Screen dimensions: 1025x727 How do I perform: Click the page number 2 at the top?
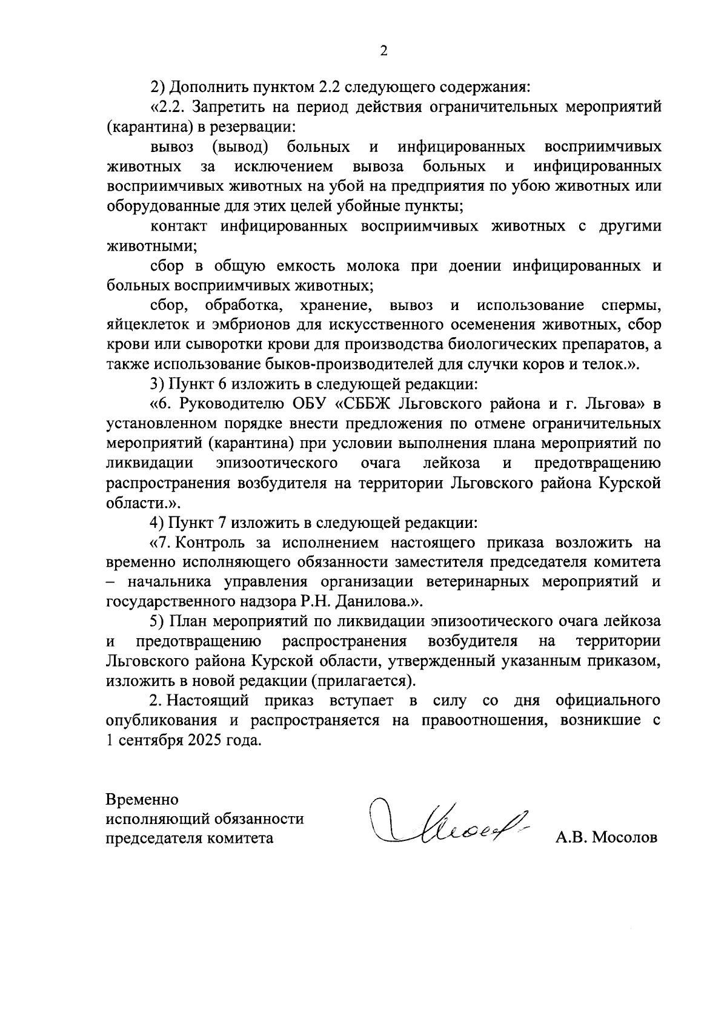point(383,51)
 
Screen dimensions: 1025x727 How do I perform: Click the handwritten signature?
point(448,823)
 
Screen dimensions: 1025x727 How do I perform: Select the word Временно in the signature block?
point(142,799)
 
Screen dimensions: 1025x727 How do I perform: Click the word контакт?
point(179,226)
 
